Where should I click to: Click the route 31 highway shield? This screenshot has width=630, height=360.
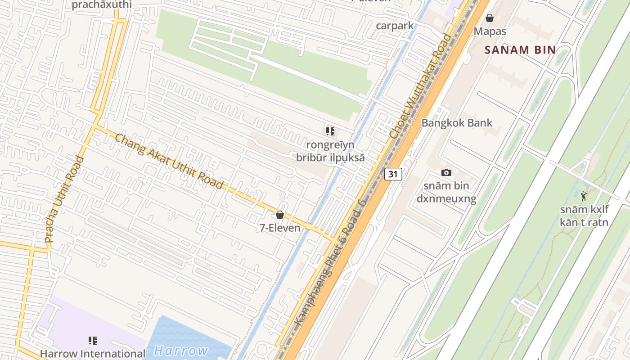click(393, 174)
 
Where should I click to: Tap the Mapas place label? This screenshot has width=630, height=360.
click(490, 31)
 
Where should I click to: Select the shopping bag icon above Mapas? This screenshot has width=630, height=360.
click(490, 18)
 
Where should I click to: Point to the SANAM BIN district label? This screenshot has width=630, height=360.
click(520, 50)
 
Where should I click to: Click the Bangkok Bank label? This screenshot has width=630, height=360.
click(456, 123)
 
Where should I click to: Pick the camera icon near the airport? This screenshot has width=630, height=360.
click(446, 172)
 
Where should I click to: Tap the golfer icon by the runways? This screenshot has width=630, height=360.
click(584, 196)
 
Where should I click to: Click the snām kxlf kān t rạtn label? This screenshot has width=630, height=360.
click(584, 216)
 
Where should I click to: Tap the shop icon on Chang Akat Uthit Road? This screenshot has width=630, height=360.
click(280, 215)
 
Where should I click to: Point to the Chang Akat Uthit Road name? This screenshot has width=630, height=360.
click(169, 161)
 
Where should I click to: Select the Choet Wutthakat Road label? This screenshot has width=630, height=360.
click(420, 85)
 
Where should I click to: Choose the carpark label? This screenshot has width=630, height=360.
click(395, 26)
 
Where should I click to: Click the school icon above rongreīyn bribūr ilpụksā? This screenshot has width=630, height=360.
click(330, 131)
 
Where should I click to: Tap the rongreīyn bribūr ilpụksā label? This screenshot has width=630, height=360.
click(330, 151)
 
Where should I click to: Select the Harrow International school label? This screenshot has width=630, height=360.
click(93, 354)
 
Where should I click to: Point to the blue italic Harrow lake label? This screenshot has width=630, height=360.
click(181, 351)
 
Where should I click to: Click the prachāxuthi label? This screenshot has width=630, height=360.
click(102, 4)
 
